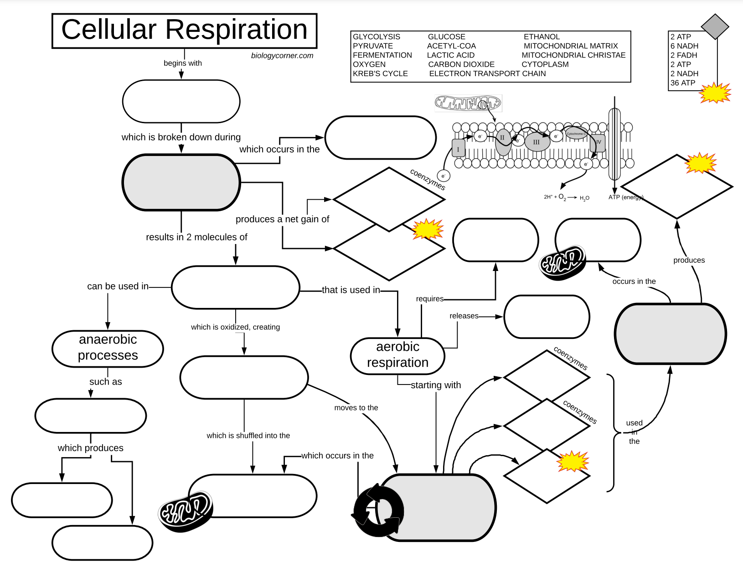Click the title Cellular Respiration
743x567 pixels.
click(184, 30)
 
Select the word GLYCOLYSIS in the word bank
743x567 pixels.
click(376, 37)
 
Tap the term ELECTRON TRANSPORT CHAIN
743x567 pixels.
click(487, 73)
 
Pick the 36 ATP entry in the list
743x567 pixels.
click(682, 83)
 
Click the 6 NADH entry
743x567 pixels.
click(684, 46)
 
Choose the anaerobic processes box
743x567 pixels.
click(108, 348)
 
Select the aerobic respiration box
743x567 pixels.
click(397, 355)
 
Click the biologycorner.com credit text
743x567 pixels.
click(282, 56)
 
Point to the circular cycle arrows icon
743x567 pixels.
click(378, 510)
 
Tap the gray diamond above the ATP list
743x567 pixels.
click(714, 26)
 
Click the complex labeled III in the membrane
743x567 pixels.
click(536, 142)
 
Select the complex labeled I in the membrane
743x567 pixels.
click(458, 149)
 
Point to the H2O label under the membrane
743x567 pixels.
click(584, 198)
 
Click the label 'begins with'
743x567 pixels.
click(182, 63)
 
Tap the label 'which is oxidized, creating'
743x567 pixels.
click(235, 327)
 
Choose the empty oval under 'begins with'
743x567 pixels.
click(181, 101)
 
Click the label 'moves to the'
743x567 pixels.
click(356, 408)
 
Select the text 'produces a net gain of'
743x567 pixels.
click(282, 219)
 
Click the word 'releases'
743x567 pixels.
click(464, 316)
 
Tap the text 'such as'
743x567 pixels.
click(105, 382)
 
